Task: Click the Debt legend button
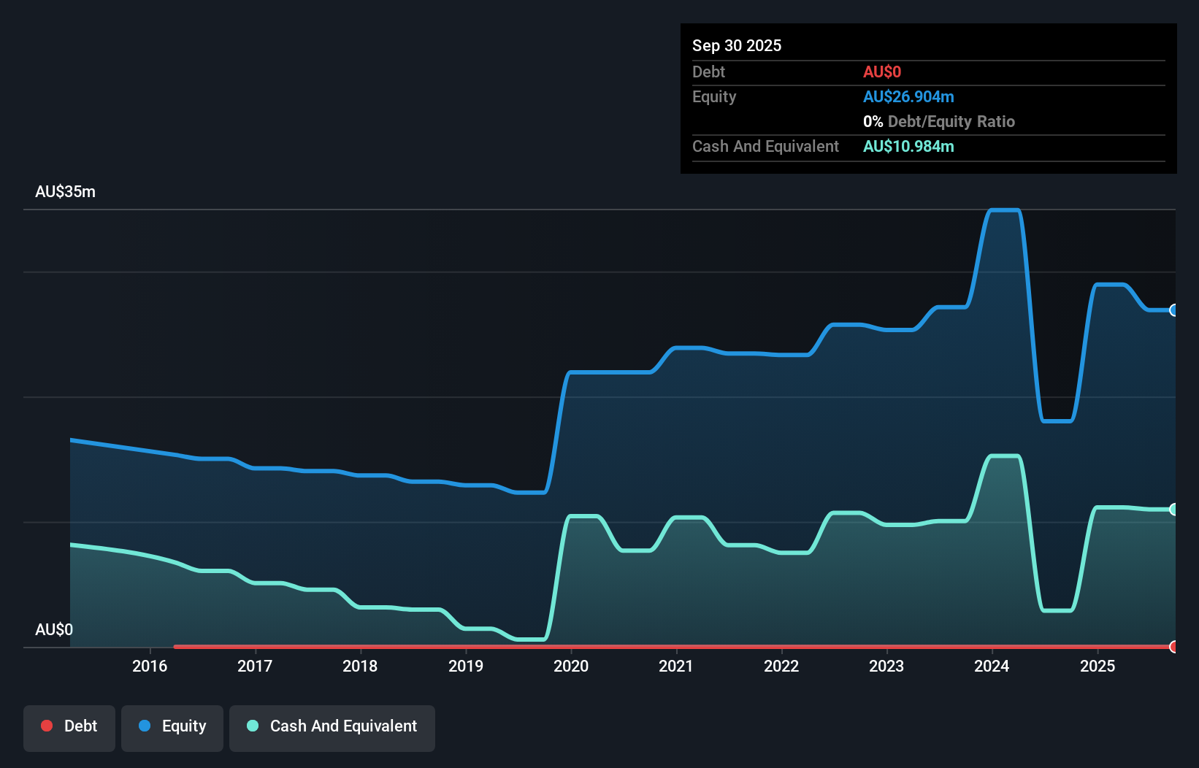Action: (x=69, y=727)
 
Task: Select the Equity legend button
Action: (x=172, y=727)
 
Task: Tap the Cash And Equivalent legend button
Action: (x=332, y=727)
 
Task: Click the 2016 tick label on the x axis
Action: (x=150, y=666)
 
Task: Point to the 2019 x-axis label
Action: (x=466, y=666)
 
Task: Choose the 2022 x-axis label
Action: (x=781, y=666)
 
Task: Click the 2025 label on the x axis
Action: (x=1098, y=666)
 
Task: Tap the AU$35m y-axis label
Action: (x=65, y=192)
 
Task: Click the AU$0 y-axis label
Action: (x=54, y=629)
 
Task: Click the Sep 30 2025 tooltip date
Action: (x=736, y=46)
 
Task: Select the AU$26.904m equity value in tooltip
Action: (x=908, y=97)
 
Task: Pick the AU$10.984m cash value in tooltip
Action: (x=908, y=147)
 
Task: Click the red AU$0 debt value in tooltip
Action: (x=881, y=72)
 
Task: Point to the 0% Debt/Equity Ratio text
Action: (x=938, y=122)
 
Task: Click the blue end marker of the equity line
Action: (x=1173, y=310)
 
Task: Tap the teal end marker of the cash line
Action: (x=1173, y=510)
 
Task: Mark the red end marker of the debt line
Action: (x=1173, y=647)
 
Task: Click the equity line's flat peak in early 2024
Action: (x=1004, y=210)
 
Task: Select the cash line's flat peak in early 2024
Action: (x=1004, y=456)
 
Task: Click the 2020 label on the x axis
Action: (x=571, y=666)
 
